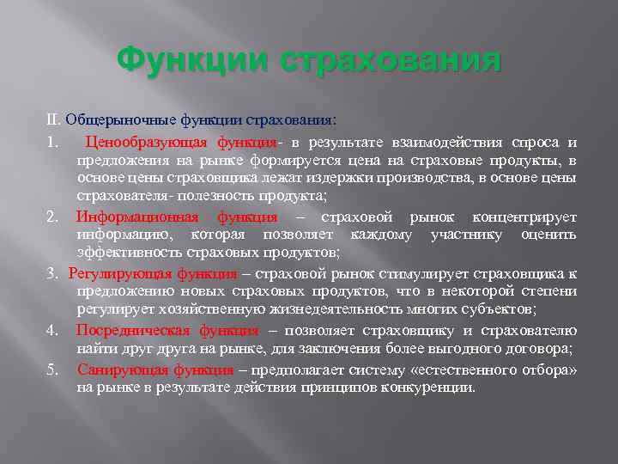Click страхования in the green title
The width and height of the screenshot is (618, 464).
point(379,62)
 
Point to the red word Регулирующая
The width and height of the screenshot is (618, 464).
point(120,273)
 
